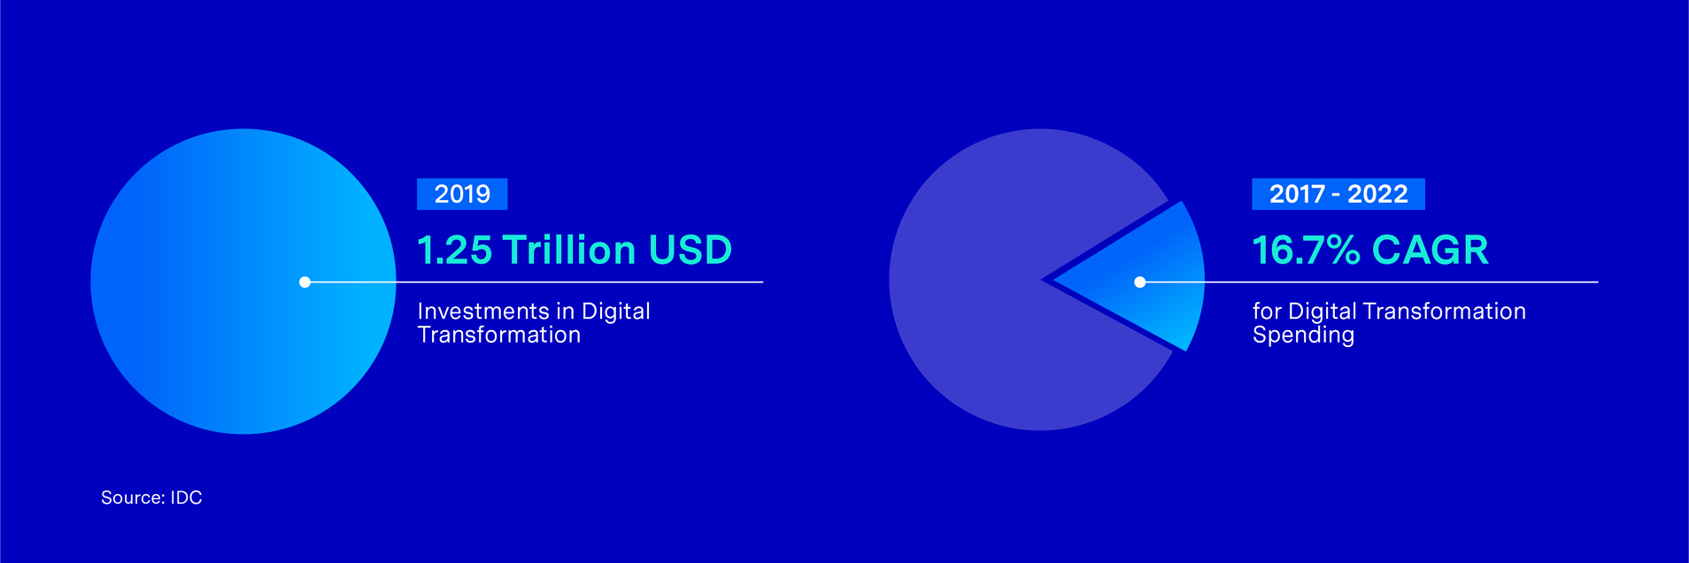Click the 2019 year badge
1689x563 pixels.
click(x=462, y=194)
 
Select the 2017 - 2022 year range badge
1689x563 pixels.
click(x=1338, y=194)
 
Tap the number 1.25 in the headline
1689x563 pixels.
click(x=454, y=250)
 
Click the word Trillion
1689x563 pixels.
click(x=570, y=250)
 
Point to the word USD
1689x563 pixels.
click(x=690, y=250)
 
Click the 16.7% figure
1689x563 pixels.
click(x=1306, y=250)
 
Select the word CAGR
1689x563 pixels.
click(x=1431, y=250)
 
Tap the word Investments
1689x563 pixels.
click(x=483, y=312)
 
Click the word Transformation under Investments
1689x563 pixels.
click(x=499, y=335)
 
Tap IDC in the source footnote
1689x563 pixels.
click(x=186, y=497)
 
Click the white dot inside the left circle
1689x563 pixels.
click(x=305, y=282)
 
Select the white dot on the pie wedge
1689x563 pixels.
click(x=1140, y=282)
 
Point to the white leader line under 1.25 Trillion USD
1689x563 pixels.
click(x=534, y=282)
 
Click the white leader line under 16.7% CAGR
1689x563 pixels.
click(x=1369, y=282)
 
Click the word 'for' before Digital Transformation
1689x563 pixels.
click(x=1267, y=312)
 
